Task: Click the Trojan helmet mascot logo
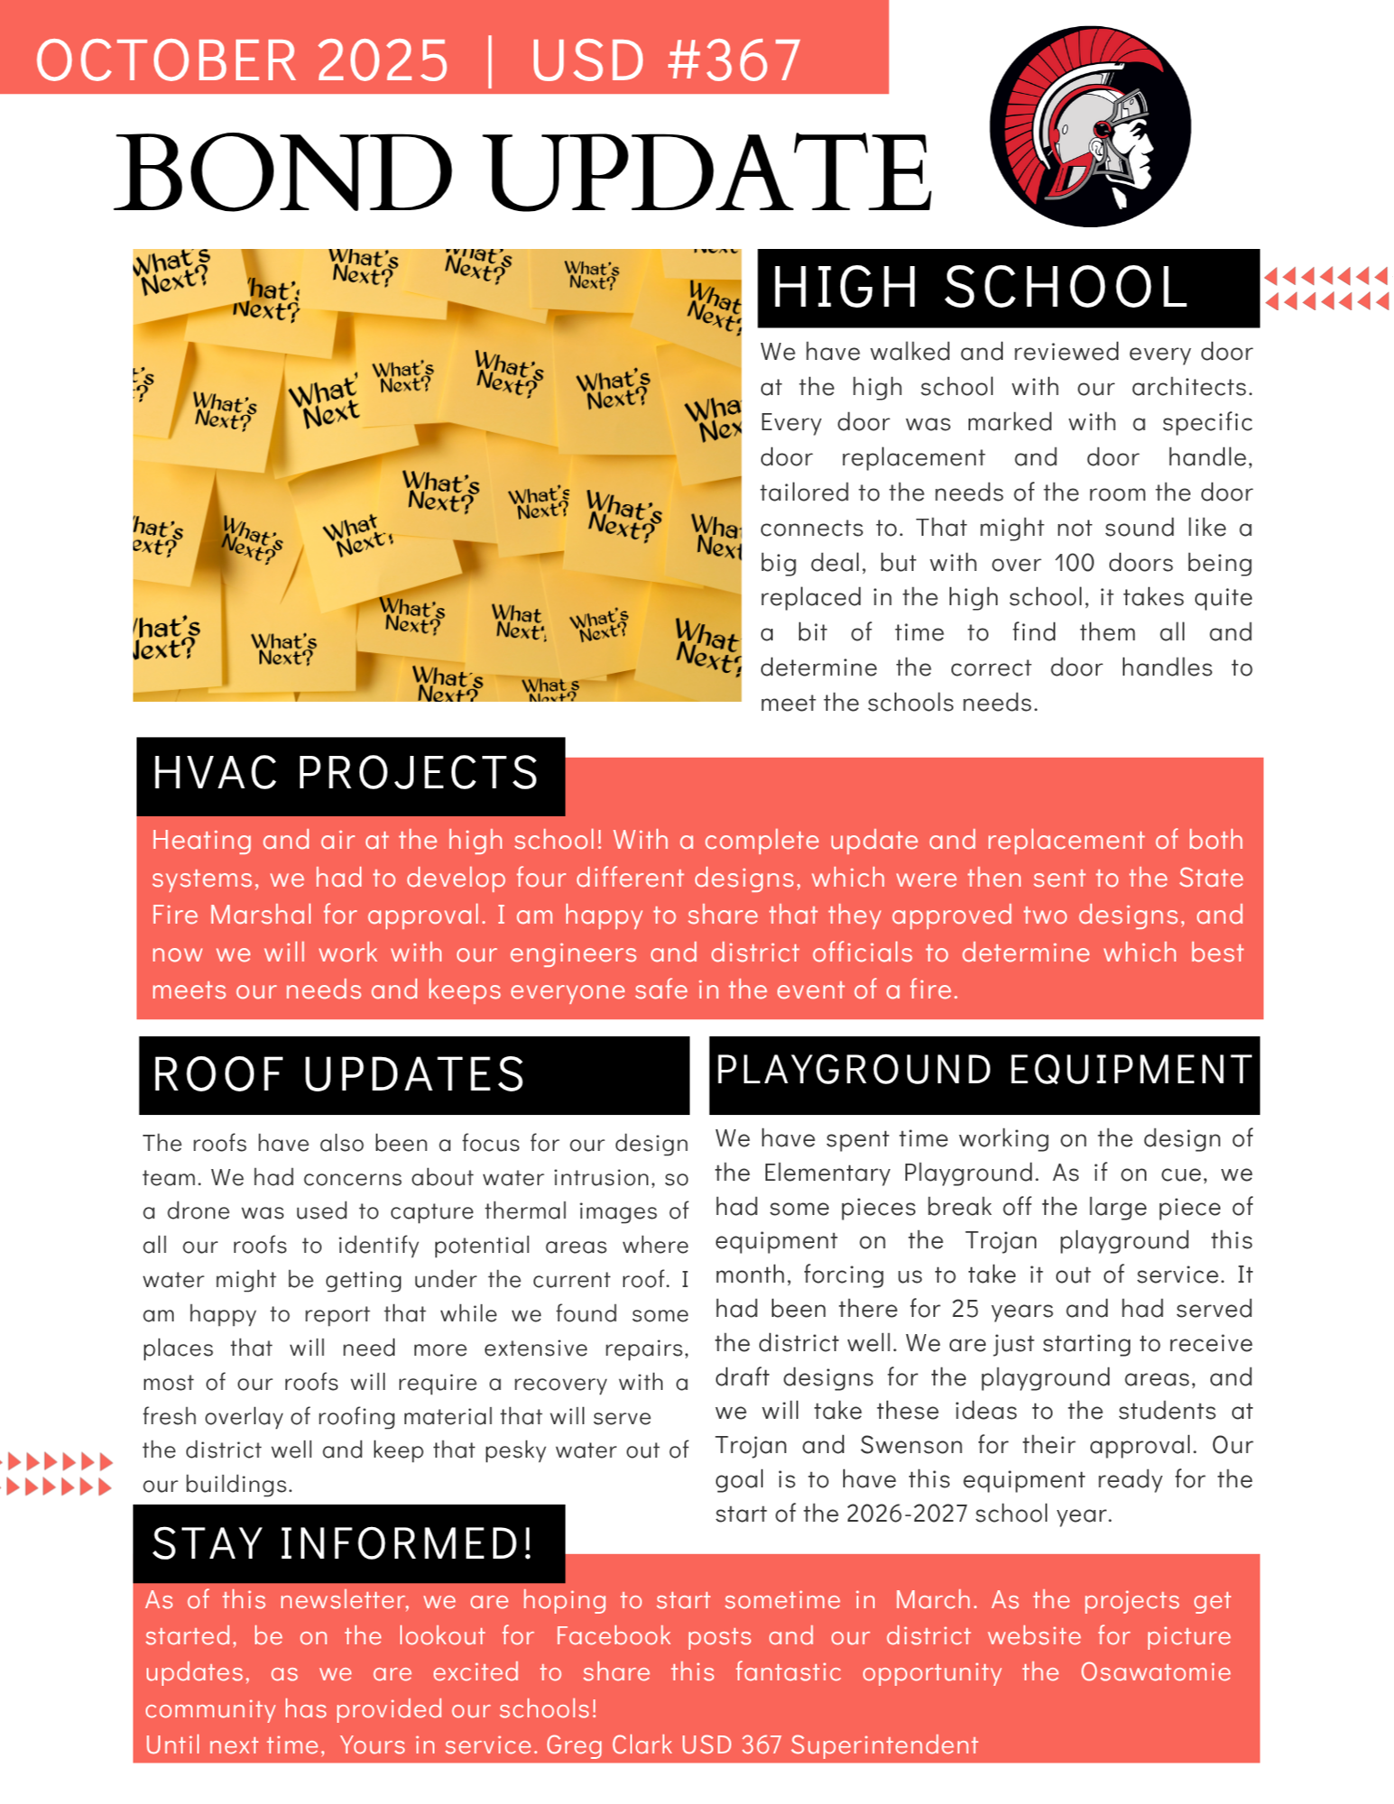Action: (x=1089, y=126)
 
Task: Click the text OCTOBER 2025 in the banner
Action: (x=242, y=60)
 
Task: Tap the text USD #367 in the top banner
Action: (x=666, y=60)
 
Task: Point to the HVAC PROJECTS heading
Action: (x=346, y=774)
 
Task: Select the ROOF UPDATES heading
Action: (x=338, y=1074)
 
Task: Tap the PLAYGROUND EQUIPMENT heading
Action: (x=983, y=1070)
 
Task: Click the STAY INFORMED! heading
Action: (x=343, y=1543)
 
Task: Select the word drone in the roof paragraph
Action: (x=198, y=1211)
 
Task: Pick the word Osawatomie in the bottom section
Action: (x=1155, y=1672)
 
